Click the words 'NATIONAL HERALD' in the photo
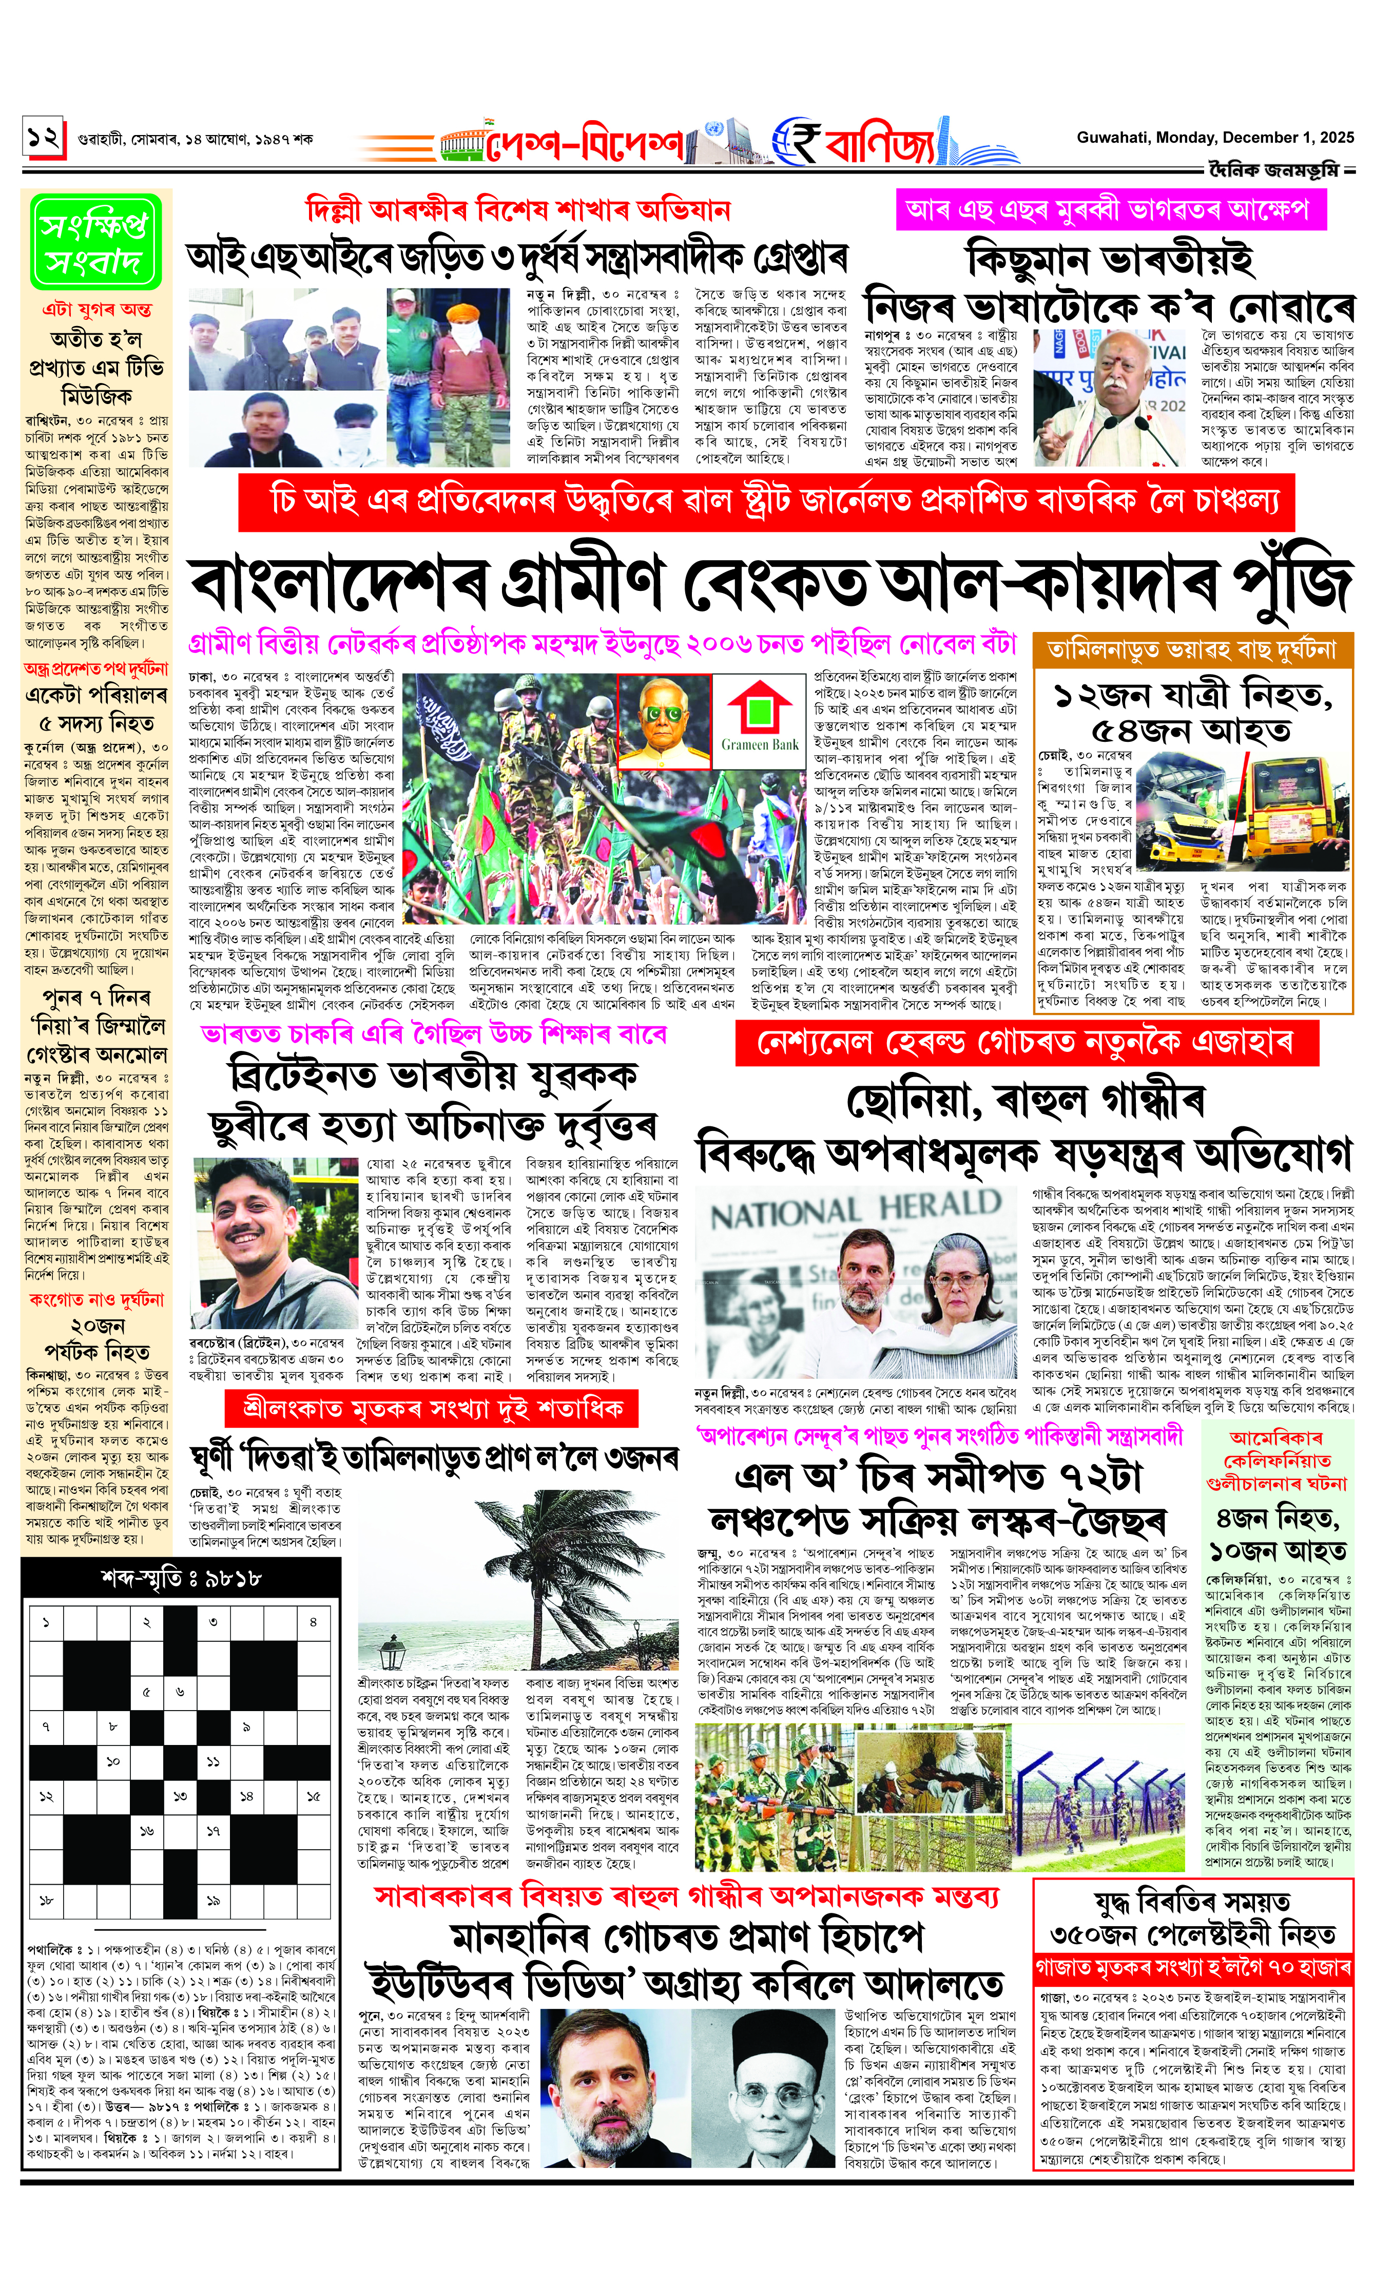pos(855,1208)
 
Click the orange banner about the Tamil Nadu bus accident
pos(1192,649)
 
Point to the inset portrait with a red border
pos(664,721)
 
